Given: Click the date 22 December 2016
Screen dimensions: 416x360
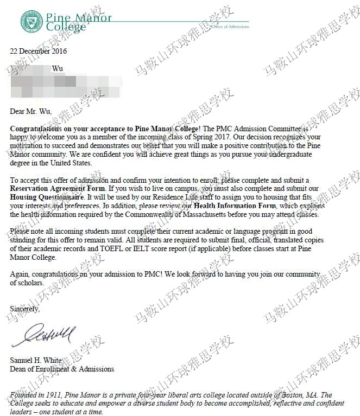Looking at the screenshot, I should coord(38,52).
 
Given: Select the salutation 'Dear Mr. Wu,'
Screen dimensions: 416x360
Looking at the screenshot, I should coord(31,112).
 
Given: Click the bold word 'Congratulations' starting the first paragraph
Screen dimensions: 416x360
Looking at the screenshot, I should coord(37,129).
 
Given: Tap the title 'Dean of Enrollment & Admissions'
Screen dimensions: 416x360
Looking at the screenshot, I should coord(62,369).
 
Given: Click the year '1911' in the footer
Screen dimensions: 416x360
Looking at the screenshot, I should coord(57,395).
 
